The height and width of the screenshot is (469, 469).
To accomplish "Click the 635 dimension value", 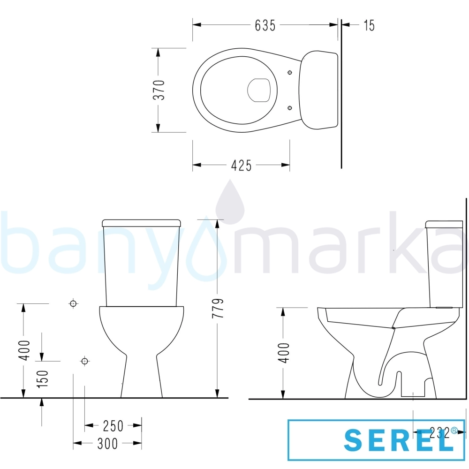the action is [x=265, y=25].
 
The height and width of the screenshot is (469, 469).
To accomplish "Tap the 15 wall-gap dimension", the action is [x=369, y=25].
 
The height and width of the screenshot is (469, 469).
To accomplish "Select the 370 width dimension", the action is [x=159, y=90].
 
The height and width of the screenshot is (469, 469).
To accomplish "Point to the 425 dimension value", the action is [x=242, y=166].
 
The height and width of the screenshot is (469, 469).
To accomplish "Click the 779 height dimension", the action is [x=218, y=308].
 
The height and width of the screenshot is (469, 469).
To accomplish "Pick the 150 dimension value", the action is [x=43, y=379].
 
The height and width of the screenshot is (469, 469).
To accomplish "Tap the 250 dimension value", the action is [x=113, y=426].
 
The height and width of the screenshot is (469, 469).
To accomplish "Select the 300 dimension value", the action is [x=108, y=444].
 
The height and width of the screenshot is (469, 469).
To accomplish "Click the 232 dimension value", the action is [x=440, y=432].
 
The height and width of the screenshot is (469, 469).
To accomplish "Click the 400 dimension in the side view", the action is [x=284, y=353].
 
